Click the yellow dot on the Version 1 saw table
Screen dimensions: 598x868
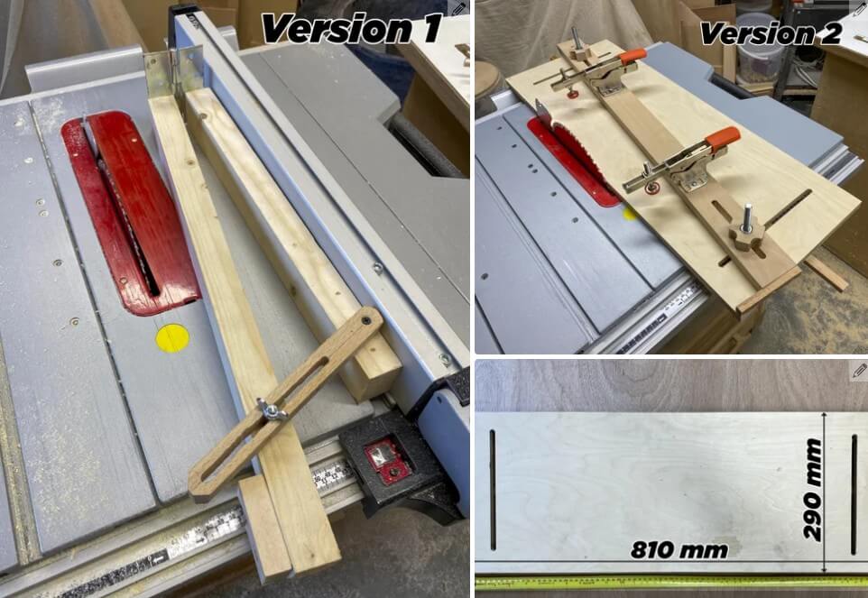click(172, 337)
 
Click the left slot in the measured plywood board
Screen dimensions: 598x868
click(493, 488)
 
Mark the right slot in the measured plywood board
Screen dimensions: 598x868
click(854, 493)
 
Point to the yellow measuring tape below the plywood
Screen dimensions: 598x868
click(668, 582)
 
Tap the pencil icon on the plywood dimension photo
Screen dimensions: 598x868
click(858, 371)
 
